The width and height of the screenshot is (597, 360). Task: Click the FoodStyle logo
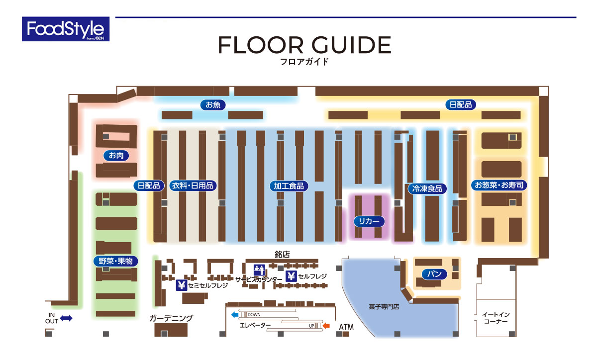[66, 29]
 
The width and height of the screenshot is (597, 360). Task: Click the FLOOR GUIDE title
[304, 45]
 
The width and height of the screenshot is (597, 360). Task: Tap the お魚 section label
[213, 105]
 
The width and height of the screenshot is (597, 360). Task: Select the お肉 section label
[116, 155]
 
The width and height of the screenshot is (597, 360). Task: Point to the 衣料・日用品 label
[193, 185]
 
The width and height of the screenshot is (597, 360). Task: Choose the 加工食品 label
[289, 186]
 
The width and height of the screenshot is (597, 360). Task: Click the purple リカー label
[369, 221]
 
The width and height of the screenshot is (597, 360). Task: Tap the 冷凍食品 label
[427, 188]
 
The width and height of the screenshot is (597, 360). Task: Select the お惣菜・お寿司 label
[499, 185]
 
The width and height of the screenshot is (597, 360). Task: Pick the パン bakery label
[434, 274]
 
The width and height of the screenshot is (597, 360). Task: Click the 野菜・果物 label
[115, 261]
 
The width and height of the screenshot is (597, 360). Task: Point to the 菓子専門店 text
[384, 307]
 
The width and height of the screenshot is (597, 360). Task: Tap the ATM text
[346, 327]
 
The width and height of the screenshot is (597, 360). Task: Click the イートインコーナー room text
[496, 318]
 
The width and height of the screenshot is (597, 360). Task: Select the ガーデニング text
[171, 318]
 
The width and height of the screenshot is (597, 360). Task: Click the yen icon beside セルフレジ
[291, 276]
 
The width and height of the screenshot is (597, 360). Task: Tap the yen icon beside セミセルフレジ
[182, 285]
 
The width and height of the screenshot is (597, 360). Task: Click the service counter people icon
[259, 270]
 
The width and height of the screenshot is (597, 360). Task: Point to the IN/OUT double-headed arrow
[66, 318]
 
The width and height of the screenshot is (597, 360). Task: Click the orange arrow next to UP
[326, 326]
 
